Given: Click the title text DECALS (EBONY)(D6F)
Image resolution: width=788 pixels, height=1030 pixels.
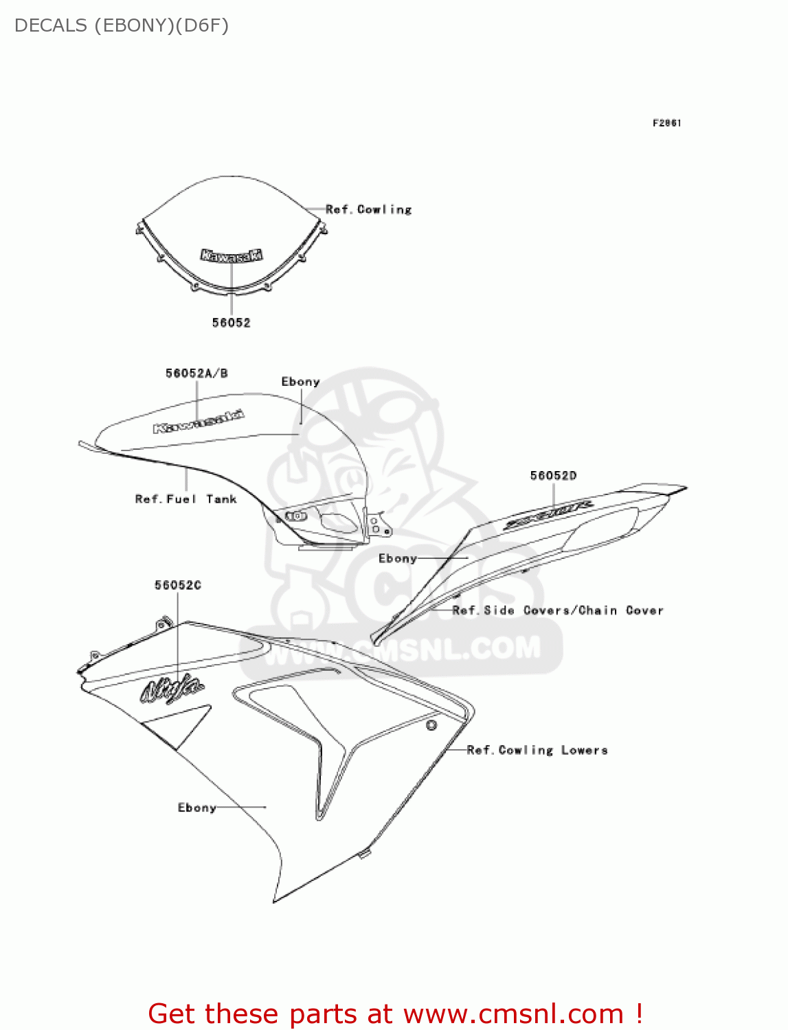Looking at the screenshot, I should [x=122, y=25].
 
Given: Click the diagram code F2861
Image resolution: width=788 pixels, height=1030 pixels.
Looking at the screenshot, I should [x=666, y=123].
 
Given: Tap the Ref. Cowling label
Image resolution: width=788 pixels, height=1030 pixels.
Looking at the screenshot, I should [x=369, y=209].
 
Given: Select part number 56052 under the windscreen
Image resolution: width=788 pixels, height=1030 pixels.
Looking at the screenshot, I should [x=231, y=323].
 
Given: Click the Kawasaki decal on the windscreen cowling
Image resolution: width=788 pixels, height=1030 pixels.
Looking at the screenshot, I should [x=232, y=255].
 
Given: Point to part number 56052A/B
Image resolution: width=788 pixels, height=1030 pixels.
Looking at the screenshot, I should [x=196, y=374].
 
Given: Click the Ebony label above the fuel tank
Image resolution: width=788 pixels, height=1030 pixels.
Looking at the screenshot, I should [x=300, y=382].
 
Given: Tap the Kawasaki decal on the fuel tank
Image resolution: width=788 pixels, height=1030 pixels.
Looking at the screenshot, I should [x=199, y=422].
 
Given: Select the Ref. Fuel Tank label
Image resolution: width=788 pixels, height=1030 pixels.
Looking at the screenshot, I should [x=185, y=499].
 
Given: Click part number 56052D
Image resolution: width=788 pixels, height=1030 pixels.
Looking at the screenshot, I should [x=553, y=475].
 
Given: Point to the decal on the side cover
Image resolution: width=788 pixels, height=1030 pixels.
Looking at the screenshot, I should [x=549, y=514].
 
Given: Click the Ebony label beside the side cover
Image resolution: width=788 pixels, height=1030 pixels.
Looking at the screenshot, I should [x=398, y=558].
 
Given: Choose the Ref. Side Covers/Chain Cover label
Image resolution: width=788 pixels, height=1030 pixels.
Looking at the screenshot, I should [x=558, y=610].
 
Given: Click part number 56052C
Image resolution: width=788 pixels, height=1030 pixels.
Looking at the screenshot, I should [x=178, y=585].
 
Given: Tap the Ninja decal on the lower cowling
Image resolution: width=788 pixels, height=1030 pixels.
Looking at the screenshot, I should [x=172, y=689].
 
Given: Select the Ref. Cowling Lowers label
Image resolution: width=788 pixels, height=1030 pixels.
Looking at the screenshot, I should [x=537, y=750].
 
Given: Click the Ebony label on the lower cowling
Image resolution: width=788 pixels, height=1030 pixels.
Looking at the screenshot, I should [x=197, y=808].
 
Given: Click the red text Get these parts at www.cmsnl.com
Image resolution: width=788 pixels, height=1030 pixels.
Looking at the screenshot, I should [x=395, y=1014].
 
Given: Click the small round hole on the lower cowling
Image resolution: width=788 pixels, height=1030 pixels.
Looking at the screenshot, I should [x=431, y=725].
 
